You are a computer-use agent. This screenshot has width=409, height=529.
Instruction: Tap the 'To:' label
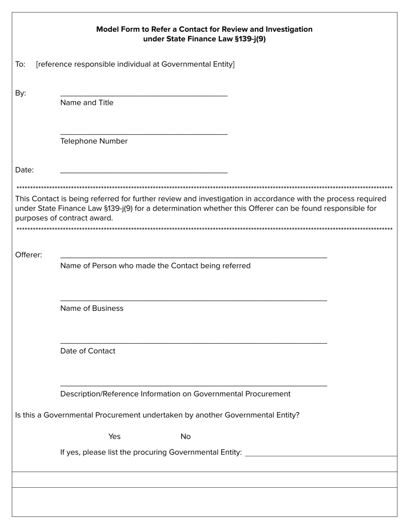(x=20, y=65)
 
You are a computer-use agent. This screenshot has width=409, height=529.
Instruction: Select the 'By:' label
(x=21, y=93)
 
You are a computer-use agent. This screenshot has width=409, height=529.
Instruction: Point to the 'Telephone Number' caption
(x=94, y=141)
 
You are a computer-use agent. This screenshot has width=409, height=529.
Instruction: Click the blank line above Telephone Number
(x=144, y=134)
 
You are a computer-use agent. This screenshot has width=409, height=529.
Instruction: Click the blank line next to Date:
(x=144, y=172)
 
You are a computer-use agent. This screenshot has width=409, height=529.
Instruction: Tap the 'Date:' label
(x=25, y=170)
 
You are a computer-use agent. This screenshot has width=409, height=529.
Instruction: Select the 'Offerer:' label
(x=28, y=255)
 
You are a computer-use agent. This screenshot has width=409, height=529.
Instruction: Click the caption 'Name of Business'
(x=92, y=308)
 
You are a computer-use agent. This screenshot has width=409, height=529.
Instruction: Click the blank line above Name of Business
(x=193, y=300)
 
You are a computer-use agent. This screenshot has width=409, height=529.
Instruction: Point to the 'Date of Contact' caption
(x=88, y=351)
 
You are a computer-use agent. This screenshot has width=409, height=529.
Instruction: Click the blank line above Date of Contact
(x=193, y=343)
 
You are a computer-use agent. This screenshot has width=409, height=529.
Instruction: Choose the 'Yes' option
(x=115, y=437)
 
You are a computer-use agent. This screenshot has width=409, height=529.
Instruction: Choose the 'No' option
(x=186, y=437)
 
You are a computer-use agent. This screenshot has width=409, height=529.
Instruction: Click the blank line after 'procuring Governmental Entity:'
(x=321, y=455)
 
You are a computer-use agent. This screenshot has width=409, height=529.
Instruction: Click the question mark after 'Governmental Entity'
(x=297, y=415)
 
